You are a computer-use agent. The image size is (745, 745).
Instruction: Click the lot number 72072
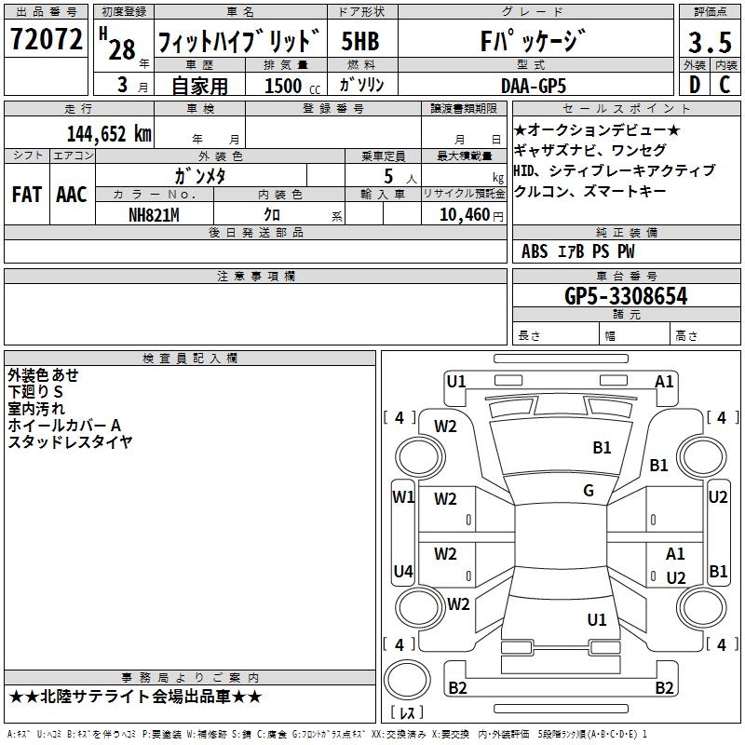click(x=46, y=40)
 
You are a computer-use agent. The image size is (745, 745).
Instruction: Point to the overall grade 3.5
click(x=707, y=43)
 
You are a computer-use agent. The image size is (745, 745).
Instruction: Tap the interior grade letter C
click(x=724, y=85)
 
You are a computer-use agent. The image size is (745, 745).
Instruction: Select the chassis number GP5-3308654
click(x=626, y=296)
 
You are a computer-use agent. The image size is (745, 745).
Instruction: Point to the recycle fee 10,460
click(x=464, y=214)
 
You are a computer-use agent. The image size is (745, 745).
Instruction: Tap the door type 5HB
click(x=359, y=42)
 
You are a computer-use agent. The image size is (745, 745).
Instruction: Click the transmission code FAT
click(x=27, y=195)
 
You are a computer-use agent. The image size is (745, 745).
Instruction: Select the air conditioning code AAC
click(x=71, y=195)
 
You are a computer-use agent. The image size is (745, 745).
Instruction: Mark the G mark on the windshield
click(x=589, y=491)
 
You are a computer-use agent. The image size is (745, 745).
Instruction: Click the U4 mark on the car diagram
click(x=402, y=571)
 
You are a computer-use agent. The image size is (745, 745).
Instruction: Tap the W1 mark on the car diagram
click(x=402, y=496)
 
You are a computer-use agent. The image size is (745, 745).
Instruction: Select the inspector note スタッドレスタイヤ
click(x=71, y=441)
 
